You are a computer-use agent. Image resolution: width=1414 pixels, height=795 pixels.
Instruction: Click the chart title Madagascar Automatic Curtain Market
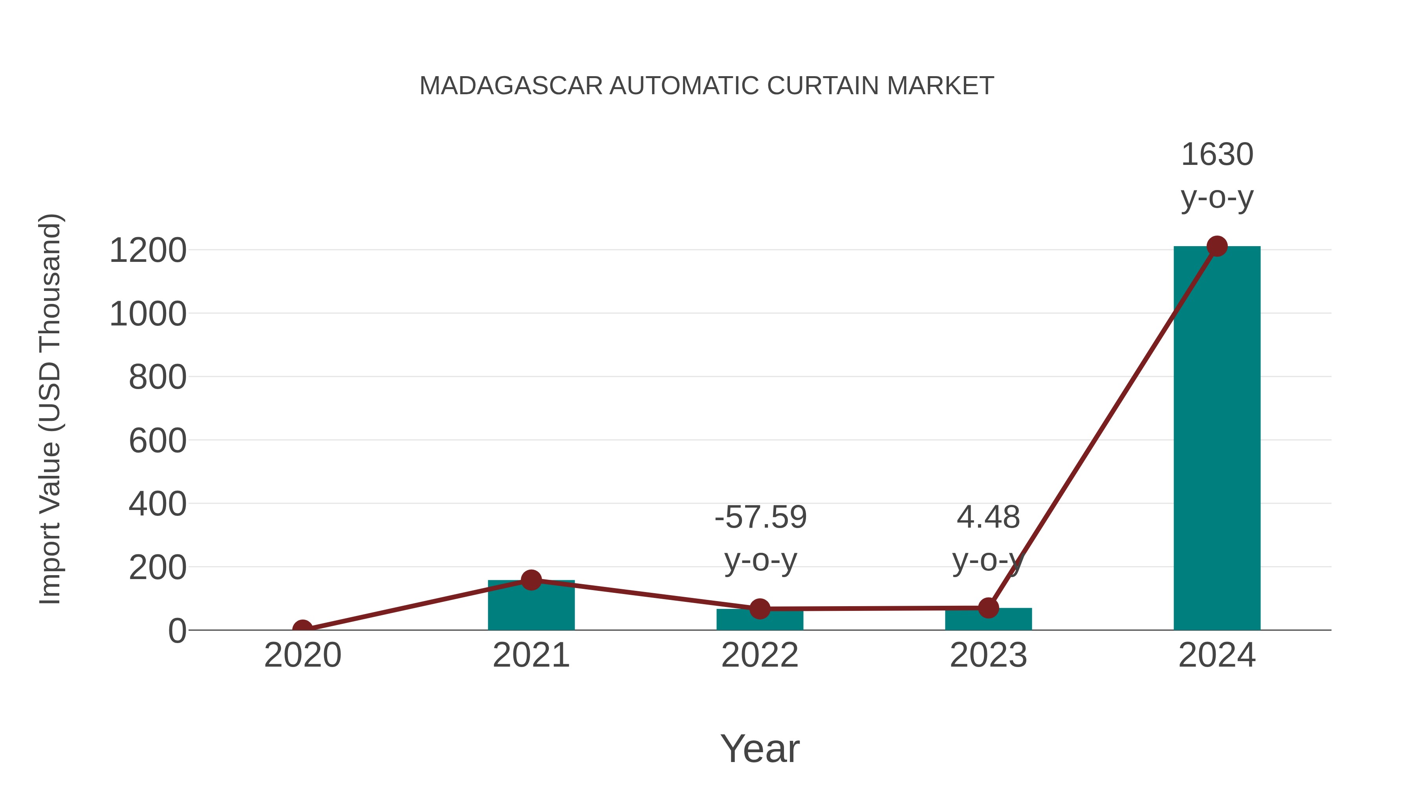[x=707, y=86]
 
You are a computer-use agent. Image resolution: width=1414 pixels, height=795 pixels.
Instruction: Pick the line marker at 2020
[x=302, y=629]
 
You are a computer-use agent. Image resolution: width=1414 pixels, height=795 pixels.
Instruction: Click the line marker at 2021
[x=531, y=579]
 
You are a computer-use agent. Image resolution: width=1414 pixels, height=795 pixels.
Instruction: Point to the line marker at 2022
[x=759, y=609]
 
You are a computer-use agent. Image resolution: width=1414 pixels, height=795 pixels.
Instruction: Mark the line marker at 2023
[x=988, y=607]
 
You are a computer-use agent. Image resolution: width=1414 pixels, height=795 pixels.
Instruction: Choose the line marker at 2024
[x=1216, y=246]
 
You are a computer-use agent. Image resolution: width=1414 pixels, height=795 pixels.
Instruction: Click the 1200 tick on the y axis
[x=148, y=251]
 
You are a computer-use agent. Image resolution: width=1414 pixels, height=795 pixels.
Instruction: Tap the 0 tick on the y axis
[x=177, y=631]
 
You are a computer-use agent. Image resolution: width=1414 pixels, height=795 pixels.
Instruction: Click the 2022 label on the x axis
[x=759, y=655]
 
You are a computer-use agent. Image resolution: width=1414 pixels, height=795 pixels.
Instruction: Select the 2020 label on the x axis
[x=302, y=655]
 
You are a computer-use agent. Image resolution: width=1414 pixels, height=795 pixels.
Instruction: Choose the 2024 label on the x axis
[x=1216, y=655]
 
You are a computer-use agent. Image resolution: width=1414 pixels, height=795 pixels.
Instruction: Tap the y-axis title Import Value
[x=51, y=409]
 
